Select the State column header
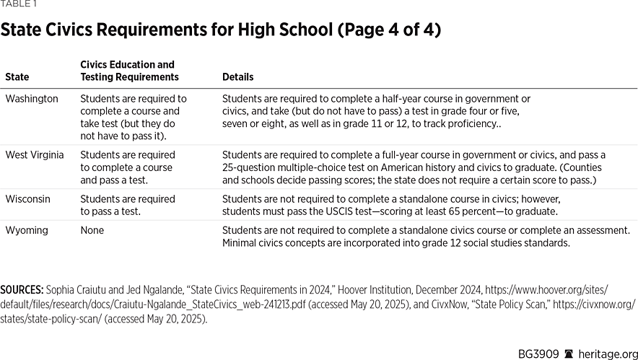17,76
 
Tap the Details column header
237,76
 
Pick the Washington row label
32,99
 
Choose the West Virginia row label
34,155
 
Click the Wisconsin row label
28,199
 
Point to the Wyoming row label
26,230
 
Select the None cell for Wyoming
92,230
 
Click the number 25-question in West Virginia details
250,167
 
